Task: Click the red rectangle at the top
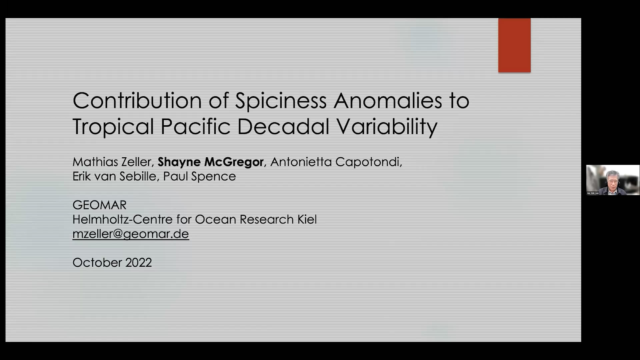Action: click(514, 45)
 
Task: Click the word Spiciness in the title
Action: click(281, 101)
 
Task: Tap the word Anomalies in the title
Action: click(388, 100)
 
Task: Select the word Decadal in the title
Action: click(283, 127)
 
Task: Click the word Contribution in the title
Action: click(137, 100)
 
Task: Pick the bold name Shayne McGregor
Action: click(211, 162)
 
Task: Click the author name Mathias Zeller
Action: click(112, 162)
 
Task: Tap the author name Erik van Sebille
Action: click(114, 176)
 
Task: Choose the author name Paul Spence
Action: click(199, 176)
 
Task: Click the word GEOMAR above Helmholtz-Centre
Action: click(99, 205)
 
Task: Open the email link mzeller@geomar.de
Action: click(131, 234)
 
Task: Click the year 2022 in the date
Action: click(139, 263)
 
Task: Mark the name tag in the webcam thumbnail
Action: click(593, 193)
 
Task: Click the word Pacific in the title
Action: click(195, 127)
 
